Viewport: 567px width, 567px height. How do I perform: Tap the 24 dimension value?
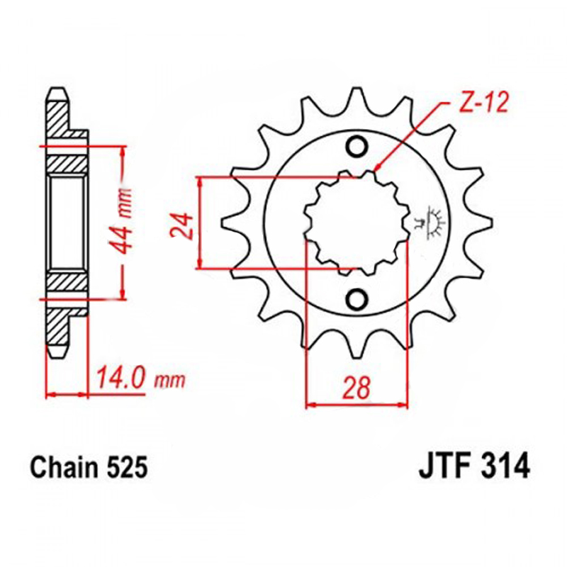[182, 226]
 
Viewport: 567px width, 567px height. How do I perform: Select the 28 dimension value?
[357, 387]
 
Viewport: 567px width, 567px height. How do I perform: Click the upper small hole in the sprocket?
[357, 146]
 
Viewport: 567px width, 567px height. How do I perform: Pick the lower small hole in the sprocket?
[357, 298]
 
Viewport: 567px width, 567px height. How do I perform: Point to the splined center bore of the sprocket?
[357, 223]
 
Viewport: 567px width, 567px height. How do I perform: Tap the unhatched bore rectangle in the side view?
[67, 222]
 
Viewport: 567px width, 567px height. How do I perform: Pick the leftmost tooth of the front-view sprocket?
[228, 223]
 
